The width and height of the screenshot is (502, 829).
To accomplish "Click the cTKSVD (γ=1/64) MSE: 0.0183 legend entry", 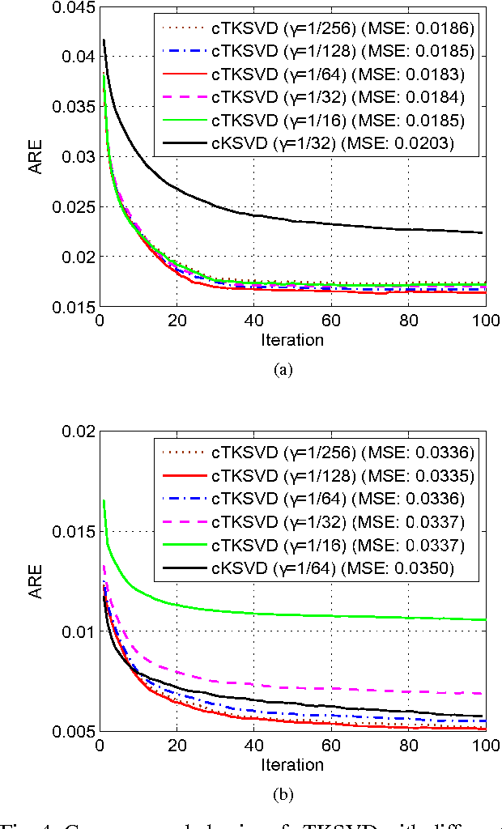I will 318,74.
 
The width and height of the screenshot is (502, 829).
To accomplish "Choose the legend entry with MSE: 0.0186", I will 318,28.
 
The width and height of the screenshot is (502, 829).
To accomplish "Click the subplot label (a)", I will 282,369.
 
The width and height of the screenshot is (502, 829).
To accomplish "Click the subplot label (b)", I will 282,793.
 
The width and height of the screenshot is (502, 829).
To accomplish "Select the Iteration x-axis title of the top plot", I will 291,340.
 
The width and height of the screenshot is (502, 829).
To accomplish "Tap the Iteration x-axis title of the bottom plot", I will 291,764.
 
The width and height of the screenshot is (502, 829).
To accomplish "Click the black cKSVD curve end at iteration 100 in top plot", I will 483,232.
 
